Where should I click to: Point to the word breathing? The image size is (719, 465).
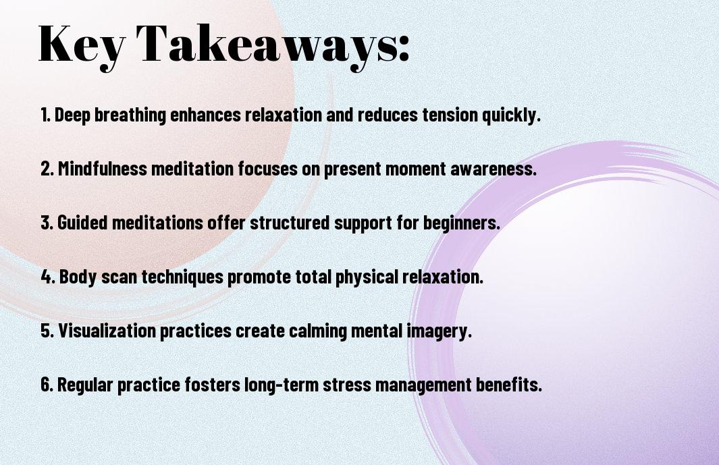tap(130, 115)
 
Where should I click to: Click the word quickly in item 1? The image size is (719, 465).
tap(511, 115)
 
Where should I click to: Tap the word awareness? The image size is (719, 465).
tap(494, 169)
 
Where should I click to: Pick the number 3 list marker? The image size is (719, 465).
tap(47, 223)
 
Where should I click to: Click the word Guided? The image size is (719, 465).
tap(84, 223)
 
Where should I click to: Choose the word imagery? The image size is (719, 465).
tap(440, 331)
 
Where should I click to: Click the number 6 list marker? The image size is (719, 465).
tap(47, 385)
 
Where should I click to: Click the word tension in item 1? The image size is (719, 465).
tap(450, 115)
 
